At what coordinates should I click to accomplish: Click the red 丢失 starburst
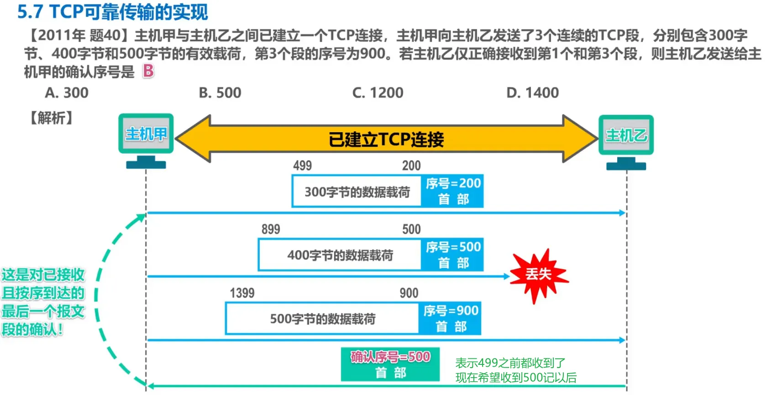539,274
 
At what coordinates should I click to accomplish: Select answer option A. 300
67,93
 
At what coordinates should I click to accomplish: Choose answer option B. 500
220,93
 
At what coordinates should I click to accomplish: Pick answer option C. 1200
378,93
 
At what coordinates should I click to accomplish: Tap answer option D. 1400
532,93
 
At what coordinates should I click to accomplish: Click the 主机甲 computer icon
146,139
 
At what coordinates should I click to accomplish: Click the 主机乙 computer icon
626,141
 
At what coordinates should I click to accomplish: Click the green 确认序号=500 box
390,364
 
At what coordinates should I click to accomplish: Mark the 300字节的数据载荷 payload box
357,192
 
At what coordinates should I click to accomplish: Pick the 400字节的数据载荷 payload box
340,255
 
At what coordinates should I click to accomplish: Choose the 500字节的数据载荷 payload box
323,319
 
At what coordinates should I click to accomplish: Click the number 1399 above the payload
242,293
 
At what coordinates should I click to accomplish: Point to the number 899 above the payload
271,229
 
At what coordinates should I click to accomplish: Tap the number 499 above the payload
302,165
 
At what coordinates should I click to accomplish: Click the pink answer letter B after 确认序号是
148,71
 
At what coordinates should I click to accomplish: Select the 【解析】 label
51,118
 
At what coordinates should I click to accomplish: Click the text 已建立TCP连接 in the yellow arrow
386,139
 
